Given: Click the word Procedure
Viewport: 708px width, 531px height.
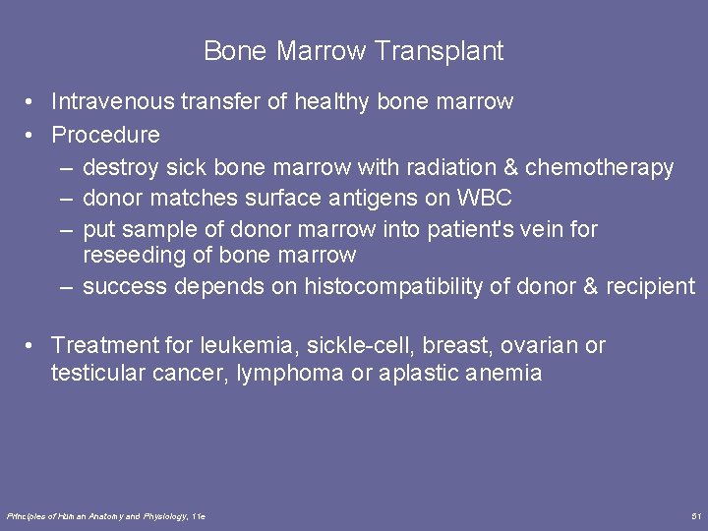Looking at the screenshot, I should [105, 134].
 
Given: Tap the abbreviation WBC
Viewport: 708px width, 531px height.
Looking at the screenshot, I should [485, 198].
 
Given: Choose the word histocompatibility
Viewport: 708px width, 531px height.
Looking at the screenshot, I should [417, 286].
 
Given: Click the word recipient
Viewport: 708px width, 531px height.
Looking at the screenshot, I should [650, 286].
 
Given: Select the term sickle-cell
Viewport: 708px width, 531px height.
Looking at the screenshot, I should [352, 345].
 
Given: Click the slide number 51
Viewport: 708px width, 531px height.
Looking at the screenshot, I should [696, 515].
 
